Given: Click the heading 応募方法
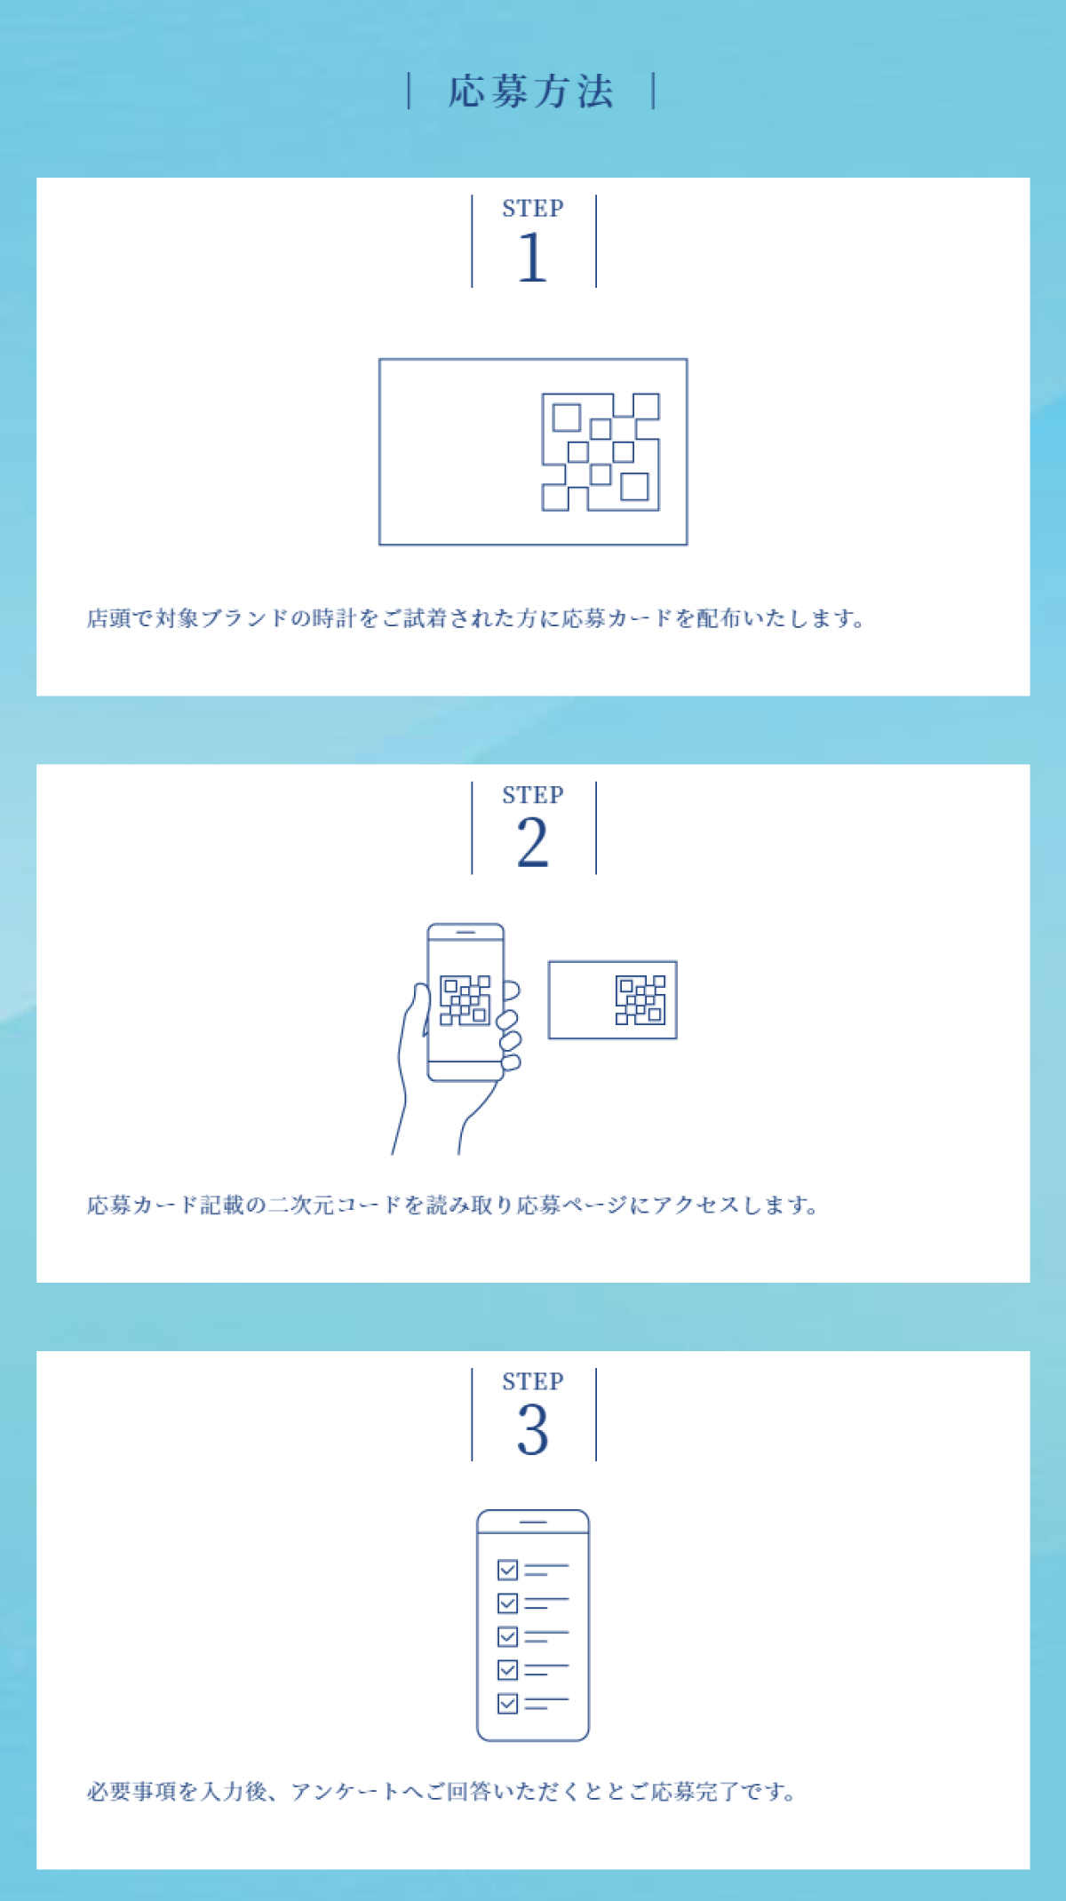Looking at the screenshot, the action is pos(531,91).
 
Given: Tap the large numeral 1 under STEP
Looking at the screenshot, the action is pos(532,258).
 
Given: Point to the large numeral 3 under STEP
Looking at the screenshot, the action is pos(532,1429).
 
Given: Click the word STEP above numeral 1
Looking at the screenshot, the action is pos(533,209).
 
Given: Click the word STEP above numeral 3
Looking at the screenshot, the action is pos(533,1381).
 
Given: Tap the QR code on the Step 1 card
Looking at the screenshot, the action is pos(601,452).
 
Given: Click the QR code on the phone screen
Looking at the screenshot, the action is pos(465,1000).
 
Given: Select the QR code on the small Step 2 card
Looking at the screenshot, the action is pos(640,1000).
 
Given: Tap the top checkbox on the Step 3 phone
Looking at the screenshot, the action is pos(507,1570).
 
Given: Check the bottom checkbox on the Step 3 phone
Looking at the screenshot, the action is pos(507,1704).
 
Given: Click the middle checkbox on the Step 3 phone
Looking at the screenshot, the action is pos(507,1636).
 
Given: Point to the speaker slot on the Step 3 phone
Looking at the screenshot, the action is pos(533,1522).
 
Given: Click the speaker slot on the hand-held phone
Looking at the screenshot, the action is pos(465,932).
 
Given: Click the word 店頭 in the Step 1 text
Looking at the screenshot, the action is pos(109,618).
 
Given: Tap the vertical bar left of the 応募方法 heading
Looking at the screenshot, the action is pos(409,91).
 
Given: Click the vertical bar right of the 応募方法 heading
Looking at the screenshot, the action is pos(654,91).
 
